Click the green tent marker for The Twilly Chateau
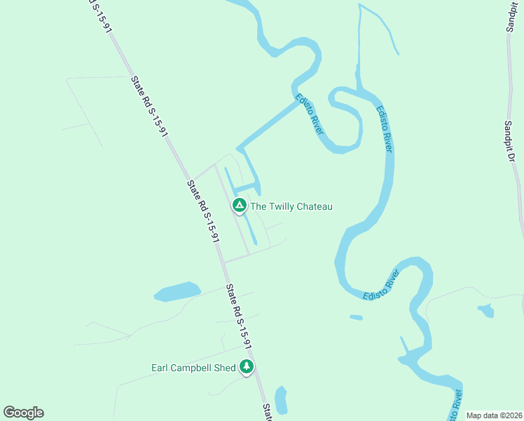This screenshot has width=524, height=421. [239, 206]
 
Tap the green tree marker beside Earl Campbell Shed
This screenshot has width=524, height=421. [246, 366]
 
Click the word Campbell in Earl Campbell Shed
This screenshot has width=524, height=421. [193, 367]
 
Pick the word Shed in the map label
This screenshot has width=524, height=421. [226, 367]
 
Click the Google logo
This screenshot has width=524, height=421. [23, 413]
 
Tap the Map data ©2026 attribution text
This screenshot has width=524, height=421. [493, 415]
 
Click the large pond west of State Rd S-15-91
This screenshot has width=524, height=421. [177, 291]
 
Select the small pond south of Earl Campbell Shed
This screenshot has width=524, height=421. [282, 400]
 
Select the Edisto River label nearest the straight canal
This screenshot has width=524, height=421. [309, 114]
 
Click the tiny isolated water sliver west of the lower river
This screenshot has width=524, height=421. [356, 318]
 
